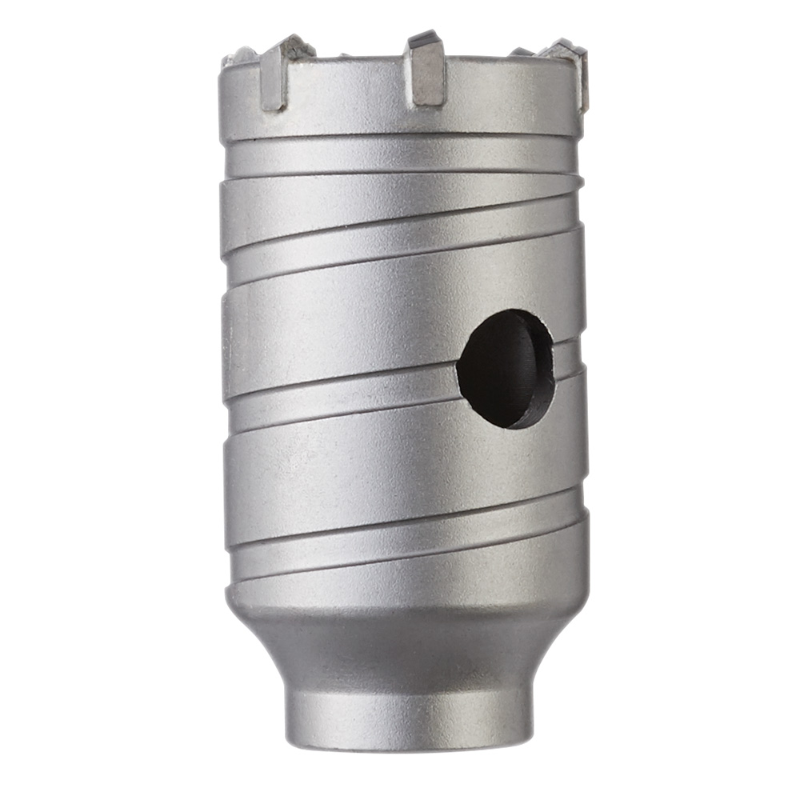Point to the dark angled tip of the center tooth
click(422, 38)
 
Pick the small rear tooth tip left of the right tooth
click(522, 52)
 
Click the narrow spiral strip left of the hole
click(336, 392)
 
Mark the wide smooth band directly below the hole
click(400, 464)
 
